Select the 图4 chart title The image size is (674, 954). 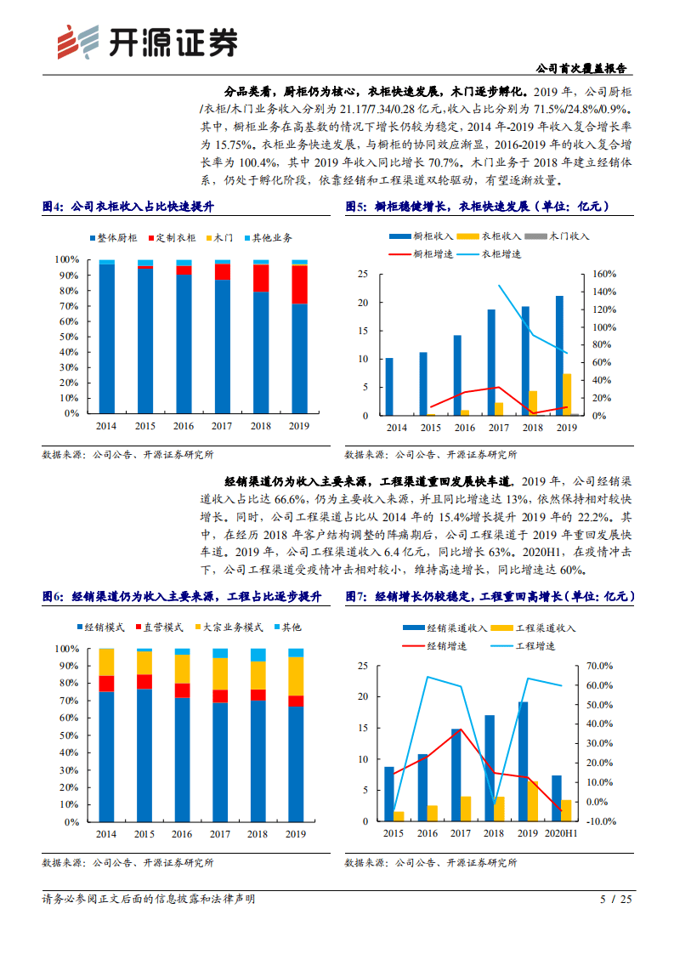(128, 207)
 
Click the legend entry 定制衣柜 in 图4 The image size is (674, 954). (177, 238)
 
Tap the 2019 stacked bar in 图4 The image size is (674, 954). (299, 336)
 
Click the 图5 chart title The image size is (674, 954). (477, 207)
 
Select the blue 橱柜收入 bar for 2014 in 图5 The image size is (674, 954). (389, 386)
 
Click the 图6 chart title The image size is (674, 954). (182, 597)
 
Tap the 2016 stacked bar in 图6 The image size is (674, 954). (183, 735)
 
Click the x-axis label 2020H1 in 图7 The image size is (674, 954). (560, 835)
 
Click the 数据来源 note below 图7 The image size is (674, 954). (431, 862)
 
